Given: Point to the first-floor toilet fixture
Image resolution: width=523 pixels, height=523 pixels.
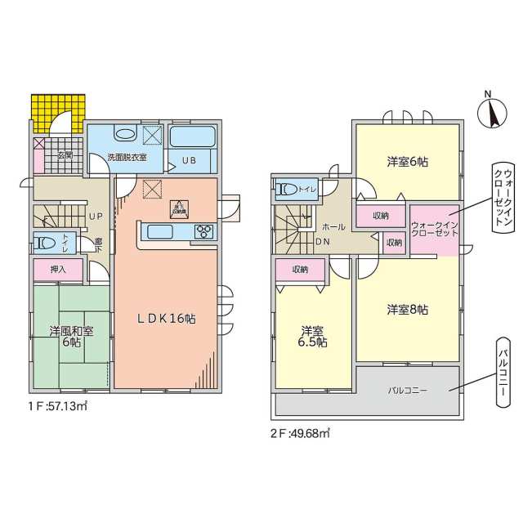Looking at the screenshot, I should tap(44, 243).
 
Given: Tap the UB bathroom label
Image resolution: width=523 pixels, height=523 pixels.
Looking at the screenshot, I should tap(190, 160).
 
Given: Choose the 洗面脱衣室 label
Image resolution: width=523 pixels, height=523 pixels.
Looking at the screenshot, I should tap(127, 156).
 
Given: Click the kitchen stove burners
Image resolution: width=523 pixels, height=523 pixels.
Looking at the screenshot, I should tap(203, 233).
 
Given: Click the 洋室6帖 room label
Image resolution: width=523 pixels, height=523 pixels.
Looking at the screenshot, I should tap(407, 162).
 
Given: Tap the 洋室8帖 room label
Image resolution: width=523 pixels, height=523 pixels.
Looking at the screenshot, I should tap(407, 310).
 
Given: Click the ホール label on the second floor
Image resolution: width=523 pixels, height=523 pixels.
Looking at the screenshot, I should tap(333, 226).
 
